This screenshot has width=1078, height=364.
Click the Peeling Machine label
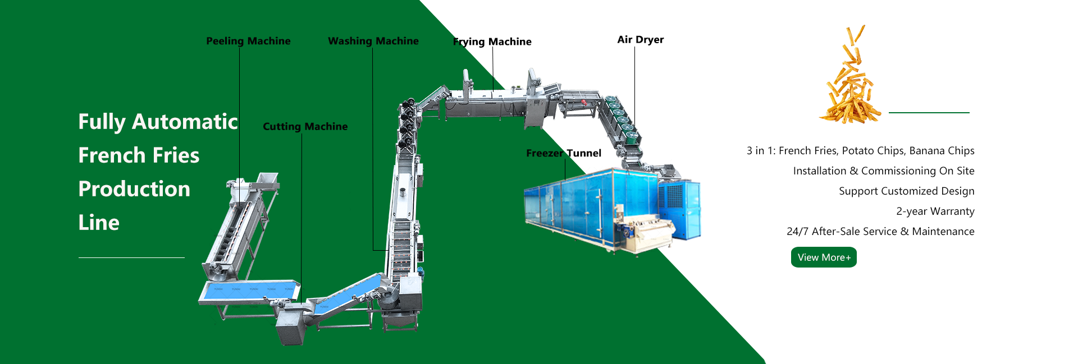248,41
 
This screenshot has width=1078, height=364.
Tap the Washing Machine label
373,41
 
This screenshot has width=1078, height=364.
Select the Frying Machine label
492,42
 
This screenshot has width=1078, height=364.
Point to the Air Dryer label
640,39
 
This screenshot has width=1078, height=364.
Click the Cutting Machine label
305,126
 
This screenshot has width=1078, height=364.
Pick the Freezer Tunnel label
563,153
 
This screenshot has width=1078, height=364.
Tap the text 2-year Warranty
935,211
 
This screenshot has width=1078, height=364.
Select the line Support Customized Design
906,191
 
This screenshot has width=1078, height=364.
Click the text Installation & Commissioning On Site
883,171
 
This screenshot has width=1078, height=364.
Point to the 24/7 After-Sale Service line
880,232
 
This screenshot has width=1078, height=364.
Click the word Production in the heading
134,189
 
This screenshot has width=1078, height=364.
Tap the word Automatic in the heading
185,122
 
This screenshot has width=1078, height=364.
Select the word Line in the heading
99,223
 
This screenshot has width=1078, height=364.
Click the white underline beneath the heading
131,257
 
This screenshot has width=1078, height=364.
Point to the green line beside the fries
929,113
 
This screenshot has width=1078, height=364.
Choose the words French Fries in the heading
139,155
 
